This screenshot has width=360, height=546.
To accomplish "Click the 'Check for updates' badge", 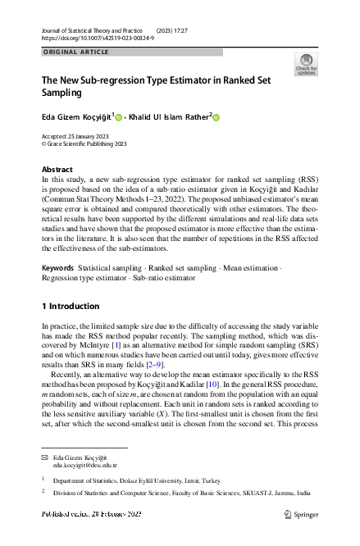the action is click(305, 65).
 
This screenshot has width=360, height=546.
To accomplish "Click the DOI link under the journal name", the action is click(88, 39).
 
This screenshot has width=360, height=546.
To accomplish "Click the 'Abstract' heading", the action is click(57, 169).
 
